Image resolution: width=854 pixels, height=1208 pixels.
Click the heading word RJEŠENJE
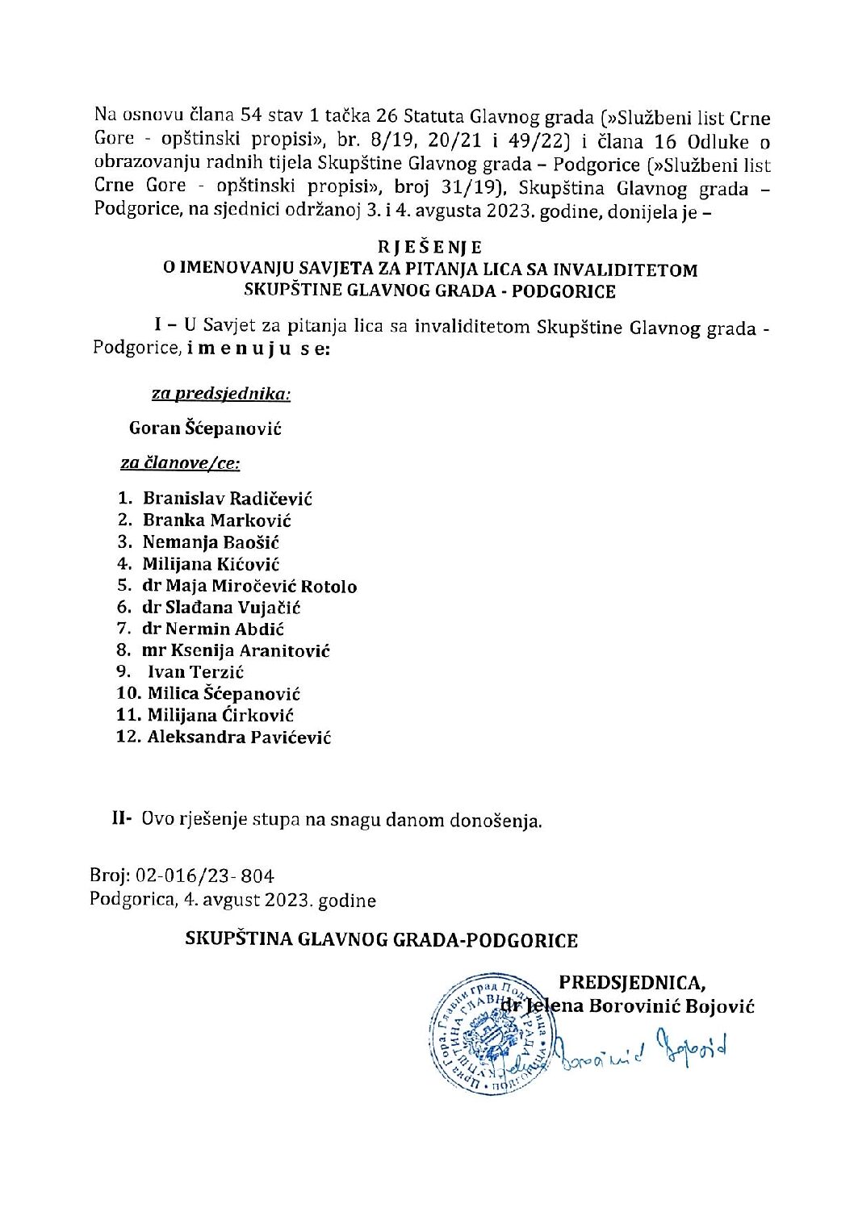(x=430, y=247)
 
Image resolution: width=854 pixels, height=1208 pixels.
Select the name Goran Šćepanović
(x=205, y=428)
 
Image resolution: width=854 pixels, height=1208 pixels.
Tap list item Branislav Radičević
(x=228, y=499)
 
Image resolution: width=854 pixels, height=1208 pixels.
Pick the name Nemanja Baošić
(x=211, y=542)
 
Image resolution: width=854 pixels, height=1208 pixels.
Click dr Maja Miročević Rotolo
(x=249, y=586)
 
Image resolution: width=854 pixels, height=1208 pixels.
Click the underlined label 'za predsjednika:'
(x=221, y=394)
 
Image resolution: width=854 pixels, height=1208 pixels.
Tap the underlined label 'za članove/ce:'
(x=181, y=463)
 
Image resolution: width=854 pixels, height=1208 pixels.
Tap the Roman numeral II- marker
(x=122, y=820)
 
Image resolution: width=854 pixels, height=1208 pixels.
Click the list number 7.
(x=123, y=629)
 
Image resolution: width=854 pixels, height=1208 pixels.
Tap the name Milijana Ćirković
(x=220, y=715)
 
